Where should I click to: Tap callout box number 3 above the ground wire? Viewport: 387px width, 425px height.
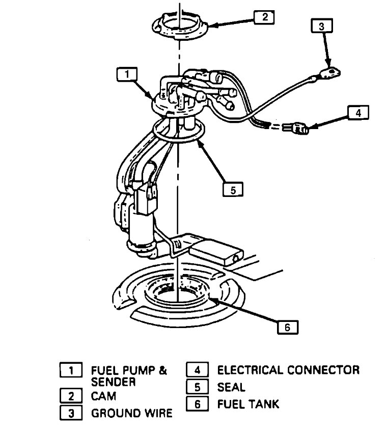(x=321, y=27)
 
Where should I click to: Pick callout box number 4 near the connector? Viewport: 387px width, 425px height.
(x=358, y=113)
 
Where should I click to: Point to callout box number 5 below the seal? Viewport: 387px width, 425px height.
(x=233, y=190)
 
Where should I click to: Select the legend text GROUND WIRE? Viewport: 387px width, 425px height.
(x=131, y=412)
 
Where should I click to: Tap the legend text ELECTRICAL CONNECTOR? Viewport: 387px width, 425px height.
(x=288, y=370)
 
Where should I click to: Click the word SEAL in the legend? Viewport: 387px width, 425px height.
(x=231, y=387)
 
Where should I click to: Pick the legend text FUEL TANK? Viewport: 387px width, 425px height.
(x=248, y=404)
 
